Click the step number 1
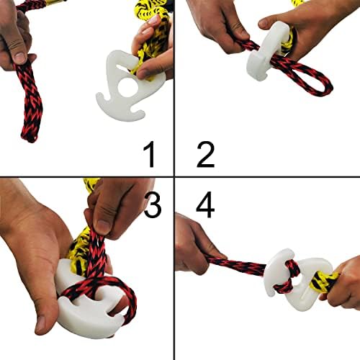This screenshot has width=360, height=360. point(149,154)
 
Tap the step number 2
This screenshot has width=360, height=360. point(206,154)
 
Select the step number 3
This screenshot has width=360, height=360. point(153,205)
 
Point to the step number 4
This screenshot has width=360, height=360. point(205,204)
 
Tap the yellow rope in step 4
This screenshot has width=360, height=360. point(323,282)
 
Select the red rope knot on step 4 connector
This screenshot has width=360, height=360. point(288,276)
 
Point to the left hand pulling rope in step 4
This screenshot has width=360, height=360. point(194,245)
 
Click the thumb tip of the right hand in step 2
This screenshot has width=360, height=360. point(263,24)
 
